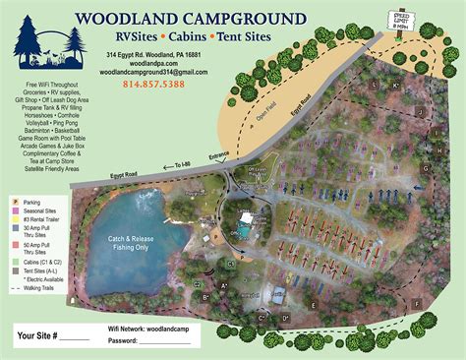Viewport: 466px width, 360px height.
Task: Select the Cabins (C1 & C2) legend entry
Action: pos(47,264)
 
